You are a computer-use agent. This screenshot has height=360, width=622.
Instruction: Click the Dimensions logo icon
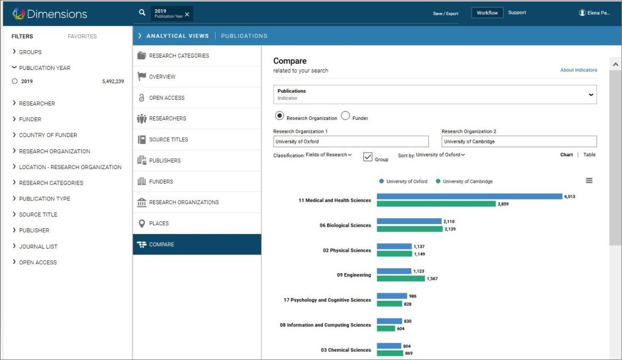pyautogui.click(x=18, y=13)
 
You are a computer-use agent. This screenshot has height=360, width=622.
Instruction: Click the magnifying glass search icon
pyautogui.click(x=142, y=13)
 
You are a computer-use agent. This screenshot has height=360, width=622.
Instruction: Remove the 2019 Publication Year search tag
pyautogui.click(x=187, y=14)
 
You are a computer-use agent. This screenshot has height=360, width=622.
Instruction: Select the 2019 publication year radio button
pyautogui.click(x=15, y=81)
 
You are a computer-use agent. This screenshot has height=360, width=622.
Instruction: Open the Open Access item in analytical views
pyautogui.click(x=166, y=98)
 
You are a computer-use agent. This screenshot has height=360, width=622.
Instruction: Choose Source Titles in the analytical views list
pyautogui.click(x=169, y=140)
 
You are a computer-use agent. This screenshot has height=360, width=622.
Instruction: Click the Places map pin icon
pyautogui.click(x=141, y=223)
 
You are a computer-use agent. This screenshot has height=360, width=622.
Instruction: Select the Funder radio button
pyautogui.click(x=346, y=115)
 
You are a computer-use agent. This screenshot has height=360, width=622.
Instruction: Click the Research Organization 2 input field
pyautogui.click(x=519, y=141)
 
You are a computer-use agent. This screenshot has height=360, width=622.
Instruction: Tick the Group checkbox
pyautogui.click(x=368, y=157)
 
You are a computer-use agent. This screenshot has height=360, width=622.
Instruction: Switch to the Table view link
pyautogui.click(x=589, y=155)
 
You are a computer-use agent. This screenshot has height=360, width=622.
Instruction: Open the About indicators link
pyautogui.click(x=578, y=70)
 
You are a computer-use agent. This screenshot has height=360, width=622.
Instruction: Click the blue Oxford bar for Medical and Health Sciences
pyautogui.click(x=469, y=196)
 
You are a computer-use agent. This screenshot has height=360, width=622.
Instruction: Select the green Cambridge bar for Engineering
pyautogui.click(x=401, y=279)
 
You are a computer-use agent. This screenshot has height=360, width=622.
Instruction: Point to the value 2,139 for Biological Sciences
pyautogui.click(x=450, y=229)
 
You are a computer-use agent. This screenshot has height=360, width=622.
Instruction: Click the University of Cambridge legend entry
pyautogui.click(x=464, y=181)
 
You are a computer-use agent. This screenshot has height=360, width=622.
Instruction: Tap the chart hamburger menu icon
pyautogui.click(x=589, y=180)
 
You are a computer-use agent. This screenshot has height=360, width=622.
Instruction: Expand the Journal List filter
pyautogui.click(x=38, y=246)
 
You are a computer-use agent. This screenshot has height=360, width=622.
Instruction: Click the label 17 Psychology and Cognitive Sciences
pyautogui.click(x=327, y=300)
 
